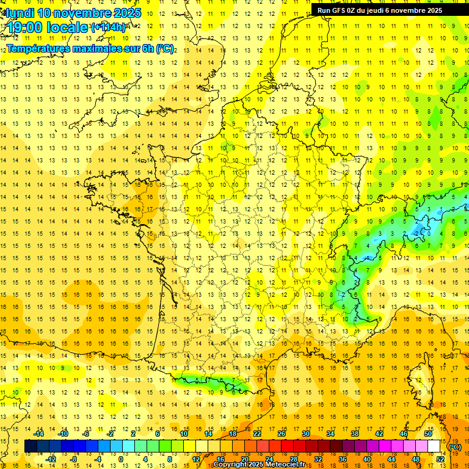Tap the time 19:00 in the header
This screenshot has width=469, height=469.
click(26, 27)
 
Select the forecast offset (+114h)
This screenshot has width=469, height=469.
click(108, 27)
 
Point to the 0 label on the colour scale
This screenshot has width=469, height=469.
click(120, 459)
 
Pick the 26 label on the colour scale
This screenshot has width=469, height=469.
click(281, 434)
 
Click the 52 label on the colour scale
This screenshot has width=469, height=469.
click(440, 459)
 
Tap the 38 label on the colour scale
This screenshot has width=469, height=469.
click(354, 434)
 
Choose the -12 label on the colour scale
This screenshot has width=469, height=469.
click(51, 459)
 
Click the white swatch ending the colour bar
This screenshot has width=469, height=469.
click(434, 446)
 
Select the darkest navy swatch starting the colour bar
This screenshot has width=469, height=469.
click(31, 446)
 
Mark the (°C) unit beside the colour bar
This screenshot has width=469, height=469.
click(455, 447)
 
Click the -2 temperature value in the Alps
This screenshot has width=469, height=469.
click(416, 233)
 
